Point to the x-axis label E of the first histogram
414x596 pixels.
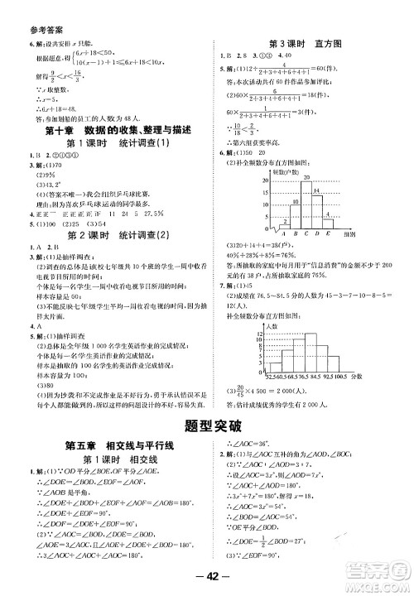click(328, 234)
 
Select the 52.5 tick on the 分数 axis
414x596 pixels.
click(270, 377)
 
